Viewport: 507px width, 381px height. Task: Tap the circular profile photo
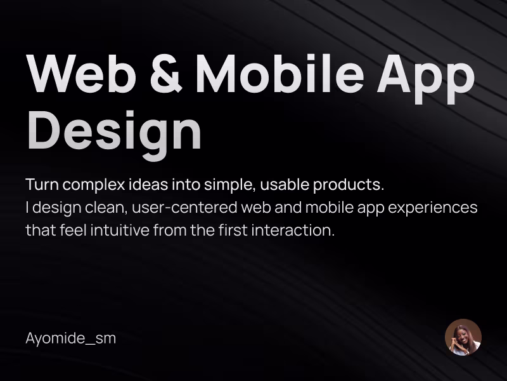[x=463, y=337]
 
